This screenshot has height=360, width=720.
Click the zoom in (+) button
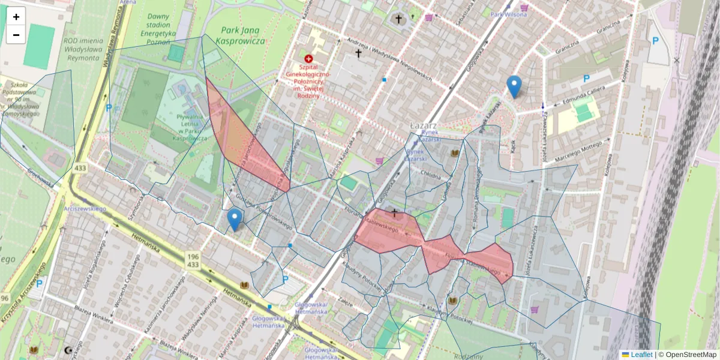pyautogui.click(x=16, y=17)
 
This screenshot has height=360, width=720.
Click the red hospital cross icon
pyautogui.click(x=308, y=59)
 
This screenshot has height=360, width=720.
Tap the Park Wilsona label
pyautogui.click(x=508, y=14)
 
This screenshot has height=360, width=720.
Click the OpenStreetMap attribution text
pyautogui.click(x=687, y=355)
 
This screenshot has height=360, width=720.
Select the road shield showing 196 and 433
pyautogui.click(x=193, y=260)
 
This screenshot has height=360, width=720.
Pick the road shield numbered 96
pyautogui.click(x=5, y=298)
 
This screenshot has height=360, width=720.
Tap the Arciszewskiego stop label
pyautogui.click(x=85, y=208)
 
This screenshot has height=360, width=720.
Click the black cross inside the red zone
pyautogui.click(x=394, y=212)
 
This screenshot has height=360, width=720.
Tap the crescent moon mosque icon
pyautogui.click(x=67, y=350)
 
